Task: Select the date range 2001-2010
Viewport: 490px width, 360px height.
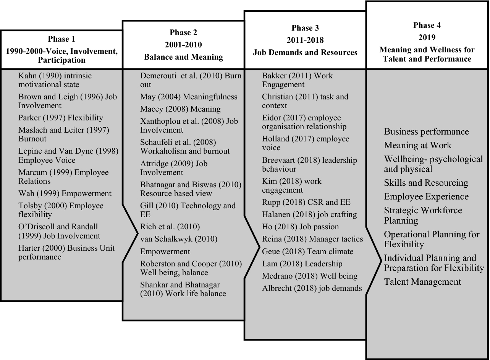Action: pyautogui.click(x=183, y=45)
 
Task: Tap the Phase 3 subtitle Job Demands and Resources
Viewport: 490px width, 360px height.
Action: pyautogui.click(x=305, y=52)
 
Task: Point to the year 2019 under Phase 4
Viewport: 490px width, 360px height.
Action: pyautogui.click(x=427, y=37)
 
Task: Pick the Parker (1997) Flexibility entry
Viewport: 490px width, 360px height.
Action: pyautogui.click(x=60, y=118)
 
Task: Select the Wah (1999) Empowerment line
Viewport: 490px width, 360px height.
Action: pyautogui.click(x=65, y=193)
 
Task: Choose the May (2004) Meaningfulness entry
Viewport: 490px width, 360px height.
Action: pyautogui.click(x=189, y=97)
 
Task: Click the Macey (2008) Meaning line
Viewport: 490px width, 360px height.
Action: pyautogui.click(x=180, y=109)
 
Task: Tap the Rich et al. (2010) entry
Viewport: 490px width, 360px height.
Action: pyautogui.click(x=170, y=227)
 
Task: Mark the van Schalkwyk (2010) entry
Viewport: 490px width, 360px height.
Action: pyautogui.click(x=178, y=239)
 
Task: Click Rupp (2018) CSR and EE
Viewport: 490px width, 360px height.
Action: pyautogui.click(x=306, y=202)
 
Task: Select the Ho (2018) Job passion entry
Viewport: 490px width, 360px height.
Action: pyautogui.click(x=300, y=227)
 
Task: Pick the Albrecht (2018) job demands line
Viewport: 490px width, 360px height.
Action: pyautogui.click(x=312, y=288)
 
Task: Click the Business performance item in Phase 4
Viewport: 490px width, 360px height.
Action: pyautogui.click(x=426, y=132)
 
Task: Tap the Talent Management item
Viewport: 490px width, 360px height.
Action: pyautogui.click(x=422, y=282)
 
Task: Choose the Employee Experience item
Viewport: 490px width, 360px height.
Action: pyautogui.click(x=426, y=196)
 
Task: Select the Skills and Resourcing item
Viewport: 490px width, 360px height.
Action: pyautogui.click(x=426, y=183)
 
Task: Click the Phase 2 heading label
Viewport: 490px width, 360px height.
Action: pyautogui.click(x=183, y=32)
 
